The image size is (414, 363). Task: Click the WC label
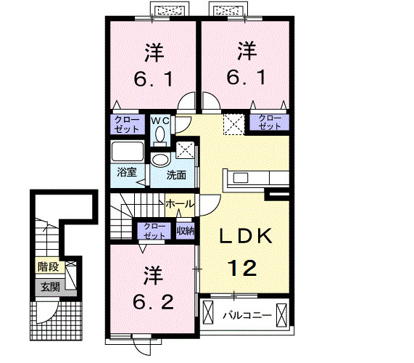click(x=160, y=121)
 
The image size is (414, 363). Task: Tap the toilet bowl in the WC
click(x=160, y=135)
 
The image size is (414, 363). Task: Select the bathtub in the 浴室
click(x=128, y=152)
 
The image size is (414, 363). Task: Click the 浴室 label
click(x=127, y=172)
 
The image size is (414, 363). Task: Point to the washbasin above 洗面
click(x=160, y=160)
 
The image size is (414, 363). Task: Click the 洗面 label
click(x=176, y=175)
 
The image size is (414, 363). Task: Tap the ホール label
click(x=180, y=203)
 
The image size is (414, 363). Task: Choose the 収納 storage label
click(x=186, y=231)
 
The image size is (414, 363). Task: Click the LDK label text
click(x=246, y=236)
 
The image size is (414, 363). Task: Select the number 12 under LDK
click(x=242, y=268)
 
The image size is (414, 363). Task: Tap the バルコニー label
click(x=247, y=315)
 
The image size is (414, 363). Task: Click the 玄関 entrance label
click(x=50, y=287)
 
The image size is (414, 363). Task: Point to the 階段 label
click(x=48, y=266)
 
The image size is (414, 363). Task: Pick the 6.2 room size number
click(x=153, y=302)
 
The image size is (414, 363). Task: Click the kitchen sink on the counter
click(x=241, y=178)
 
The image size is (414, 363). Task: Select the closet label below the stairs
click(x=154, y=231)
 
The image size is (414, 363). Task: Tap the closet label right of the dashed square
click(x=270, y=122)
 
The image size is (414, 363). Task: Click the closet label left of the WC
click(x=127, y=124)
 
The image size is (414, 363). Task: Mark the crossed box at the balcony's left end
click(x=208, y=312)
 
